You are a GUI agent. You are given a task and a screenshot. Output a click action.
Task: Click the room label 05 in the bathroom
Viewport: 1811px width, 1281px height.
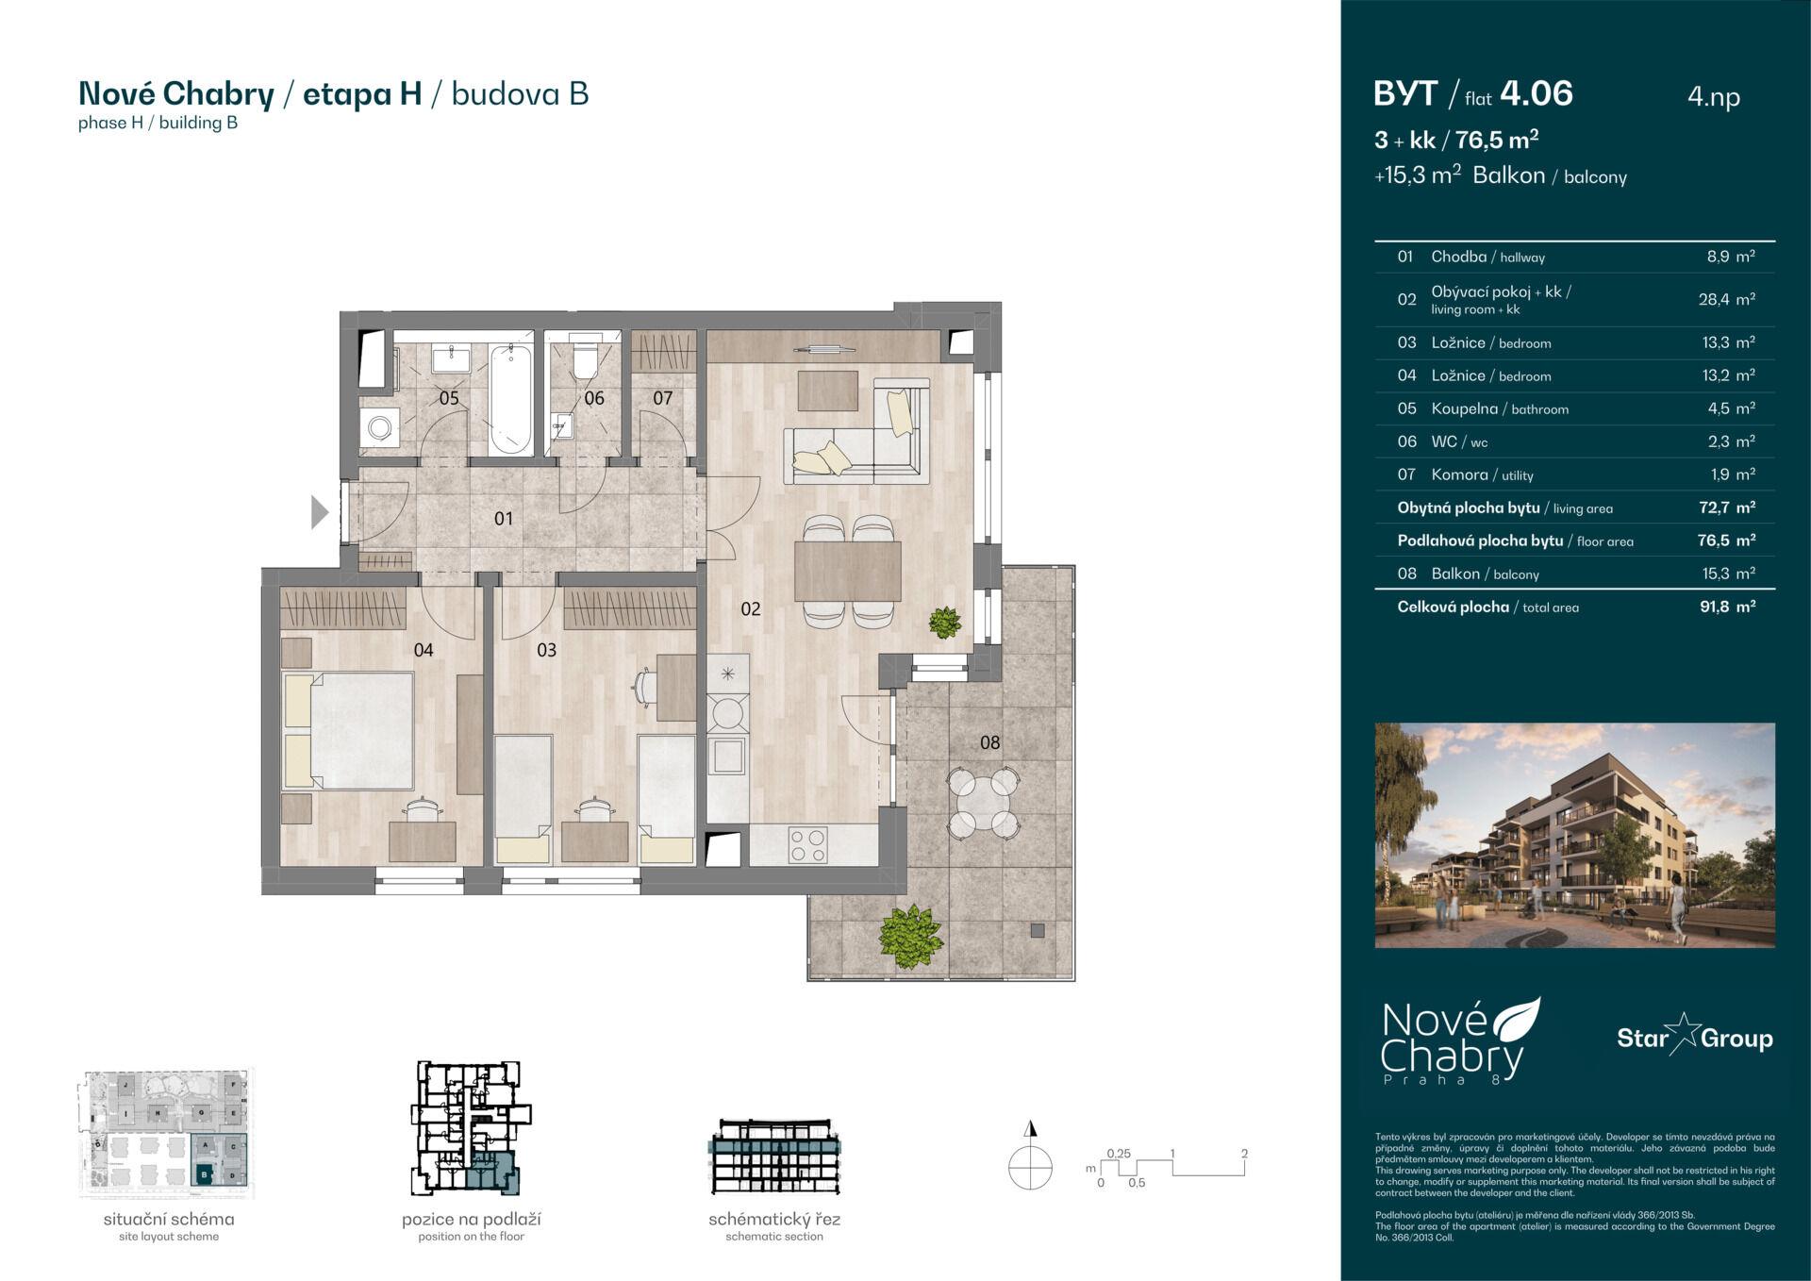[449, 398]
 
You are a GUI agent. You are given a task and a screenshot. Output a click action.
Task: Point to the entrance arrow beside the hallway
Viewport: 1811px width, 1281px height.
[320, 513]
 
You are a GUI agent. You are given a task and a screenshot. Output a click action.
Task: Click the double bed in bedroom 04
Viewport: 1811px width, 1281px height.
[349, 729]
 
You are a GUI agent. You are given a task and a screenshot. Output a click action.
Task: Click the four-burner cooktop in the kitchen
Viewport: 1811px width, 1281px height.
[807, 843]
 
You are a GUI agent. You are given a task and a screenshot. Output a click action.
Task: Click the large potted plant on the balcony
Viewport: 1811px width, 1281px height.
[911, 935]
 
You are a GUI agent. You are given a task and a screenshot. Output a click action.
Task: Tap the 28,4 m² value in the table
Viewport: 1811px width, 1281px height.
[1726, 300]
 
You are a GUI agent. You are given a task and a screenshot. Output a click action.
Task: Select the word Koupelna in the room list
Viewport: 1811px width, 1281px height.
[1464, 408]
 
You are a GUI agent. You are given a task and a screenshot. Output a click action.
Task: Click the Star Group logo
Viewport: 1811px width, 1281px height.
[1694, 1038]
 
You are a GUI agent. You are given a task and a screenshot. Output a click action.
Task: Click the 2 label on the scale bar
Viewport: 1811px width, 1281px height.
[1244, 1154]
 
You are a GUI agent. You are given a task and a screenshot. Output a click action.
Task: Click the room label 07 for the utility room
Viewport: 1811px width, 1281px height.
[663, 398]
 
